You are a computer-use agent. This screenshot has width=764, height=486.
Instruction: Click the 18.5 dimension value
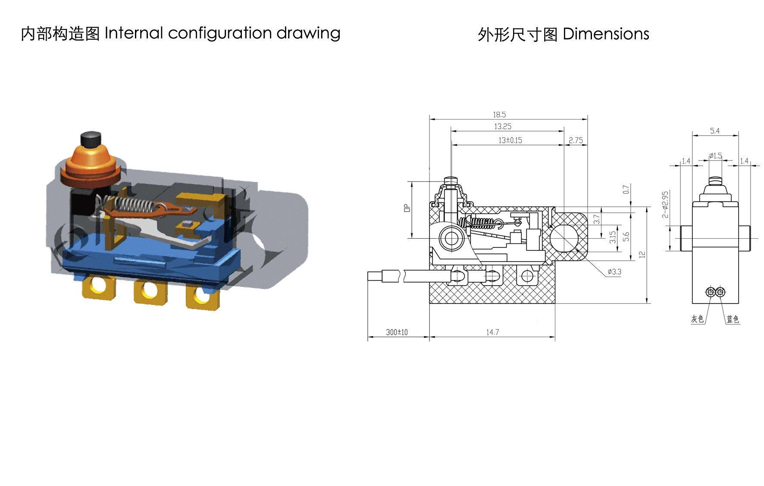click(499, 115)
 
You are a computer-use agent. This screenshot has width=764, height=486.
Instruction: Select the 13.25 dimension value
click(503, 126)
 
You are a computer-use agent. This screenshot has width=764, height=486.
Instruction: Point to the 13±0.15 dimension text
click(510, 140)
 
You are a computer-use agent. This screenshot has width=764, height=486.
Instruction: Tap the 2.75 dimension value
click(576, 140)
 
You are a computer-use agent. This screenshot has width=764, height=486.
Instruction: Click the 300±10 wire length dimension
click(397, 332)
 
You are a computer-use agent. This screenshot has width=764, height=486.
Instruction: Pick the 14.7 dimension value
click(492, 332)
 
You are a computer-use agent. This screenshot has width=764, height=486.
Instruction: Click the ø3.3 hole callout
click(614, 272)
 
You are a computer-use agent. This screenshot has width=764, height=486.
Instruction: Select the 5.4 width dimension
click(715, 131)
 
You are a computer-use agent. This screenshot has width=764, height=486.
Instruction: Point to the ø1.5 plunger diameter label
click(716, 156)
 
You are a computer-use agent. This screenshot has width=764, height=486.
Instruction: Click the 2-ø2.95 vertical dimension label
click(665, 205)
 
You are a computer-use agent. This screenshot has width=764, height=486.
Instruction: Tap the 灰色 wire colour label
click(697, 319)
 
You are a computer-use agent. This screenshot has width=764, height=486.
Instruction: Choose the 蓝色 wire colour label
click(733, 319)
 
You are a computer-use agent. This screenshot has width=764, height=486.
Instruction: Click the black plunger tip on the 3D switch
click(91, 139)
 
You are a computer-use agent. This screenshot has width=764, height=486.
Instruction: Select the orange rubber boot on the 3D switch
click(90, 166)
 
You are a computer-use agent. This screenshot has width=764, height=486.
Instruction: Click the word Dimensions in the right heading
click(606, 34)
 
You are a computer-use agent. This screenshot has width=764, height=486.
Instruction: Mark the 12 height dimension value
click(642, 255)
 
